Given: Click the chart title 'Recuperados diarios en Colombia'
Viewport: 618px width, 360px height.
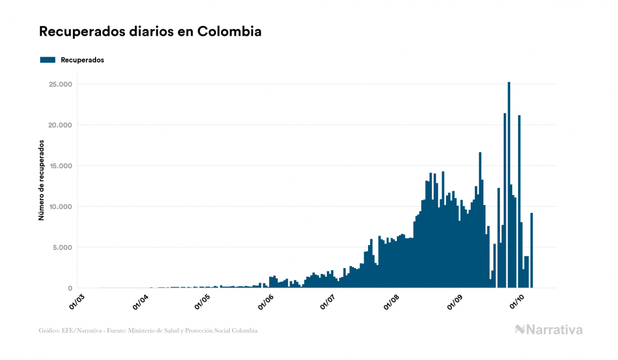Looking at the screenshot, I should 150,32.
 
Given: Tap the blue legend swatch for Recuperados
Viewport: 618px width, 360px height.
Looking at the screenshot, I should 48,60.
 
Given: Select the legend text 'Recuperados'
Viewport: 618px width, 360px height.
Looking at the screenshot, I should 82,60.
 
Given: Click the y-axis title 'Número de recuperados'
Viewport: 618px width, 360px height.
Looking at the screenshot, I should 41,181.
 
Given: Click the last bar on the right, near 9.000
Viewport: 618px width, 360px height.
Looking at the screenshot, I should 531,251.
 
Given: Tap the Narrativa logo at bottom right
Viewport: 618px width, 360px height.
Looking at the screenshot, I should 549,330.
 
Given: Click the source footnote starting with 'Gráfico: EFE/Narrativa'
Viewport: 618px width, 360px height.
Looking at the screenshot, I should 148,331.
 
